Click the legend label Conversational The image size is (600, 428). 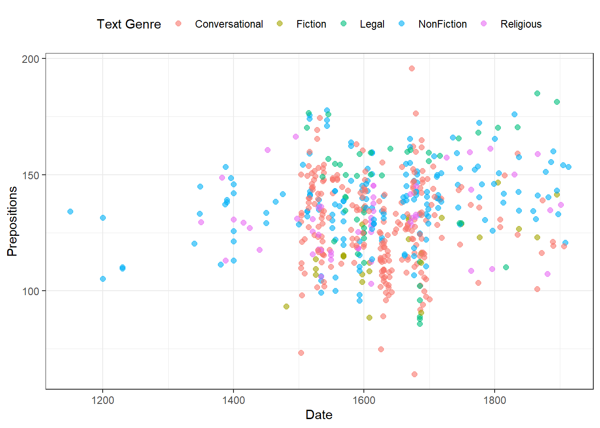pos(229,24)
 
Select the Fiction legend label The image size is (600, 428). pos(311,24)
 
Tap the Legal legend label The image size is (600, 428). pos(372,24)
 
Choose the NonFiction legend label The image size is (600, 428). pos(442,24)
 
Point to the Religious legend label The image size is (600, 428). pos(521,24)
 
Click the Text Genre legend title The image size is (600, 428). pos(129,24)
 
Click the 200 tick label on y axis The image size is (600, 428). pos(30,59)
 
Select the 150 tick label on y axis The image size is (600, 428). pos(30,175)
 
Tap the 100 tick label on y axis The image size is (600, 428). pos(30,291)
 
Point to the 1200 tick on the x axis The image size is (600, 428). pos(103,400)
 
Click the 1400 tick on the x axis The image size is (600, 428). pos(233,400)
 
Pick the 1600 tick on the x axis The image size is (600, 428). pos(364,400)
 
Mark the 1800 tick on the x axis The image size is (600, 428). pos(495,400)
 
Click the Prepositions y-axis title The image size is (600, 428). pos(12,221)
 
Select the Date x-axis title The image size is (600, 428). pos(319,415)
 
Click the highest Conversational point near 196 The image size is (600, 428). pos(412,68)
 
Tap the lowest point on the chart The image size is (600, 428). pos(414,374)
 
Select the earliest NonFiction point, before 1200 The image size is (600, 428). pos(70,211)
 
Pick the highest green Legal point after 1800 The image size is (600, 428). pos(537,93)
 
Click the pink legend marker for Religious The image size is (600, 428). pos(484,24)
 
